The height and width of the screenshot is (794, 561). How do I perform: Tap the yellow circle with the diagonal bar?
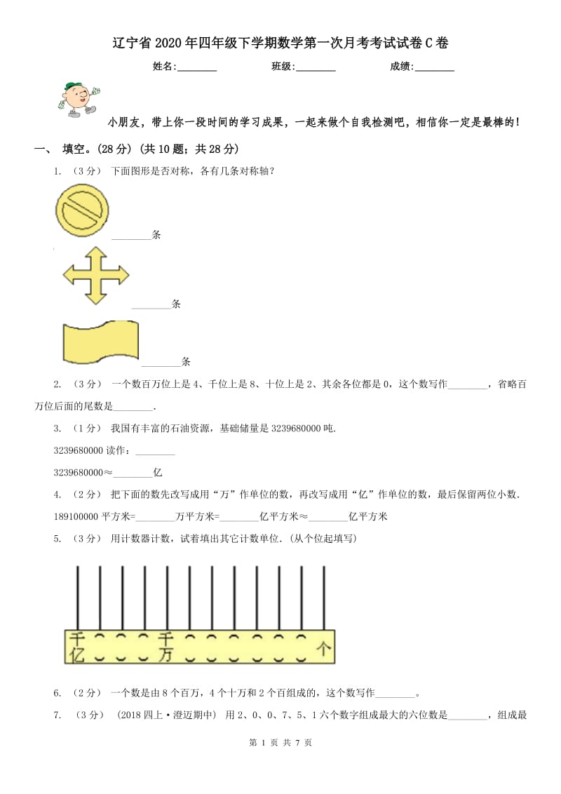[x=83, y=210]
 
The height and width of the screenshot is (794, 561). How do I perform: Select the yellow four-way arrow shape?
[x=96, y=275]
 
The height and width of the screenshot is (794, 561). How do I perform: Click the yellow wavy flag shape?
[x=100, y=343]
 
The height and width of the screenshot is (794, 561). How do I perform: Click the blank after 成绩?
[x=435, y=68]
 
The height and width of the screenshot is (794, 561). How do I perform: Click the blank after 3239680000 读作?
[x=154, y=451]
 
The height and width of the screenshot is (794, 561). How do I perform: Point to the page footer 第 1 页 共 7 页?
[x=280, y=743]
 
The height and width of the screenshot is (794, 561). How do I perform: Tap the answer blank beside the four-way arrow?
[x=151, y=305]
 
